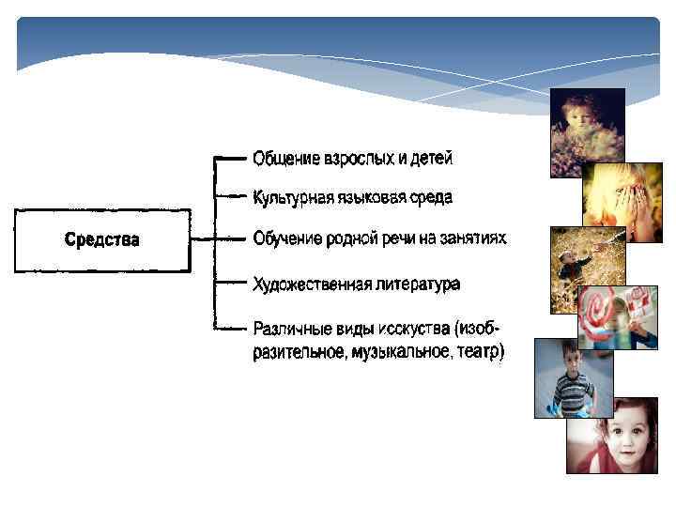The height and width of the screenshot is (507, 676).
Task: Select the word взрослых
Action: pos(358,159)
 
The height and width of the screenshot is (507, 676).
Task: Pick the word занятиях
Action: pos(474,238)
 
